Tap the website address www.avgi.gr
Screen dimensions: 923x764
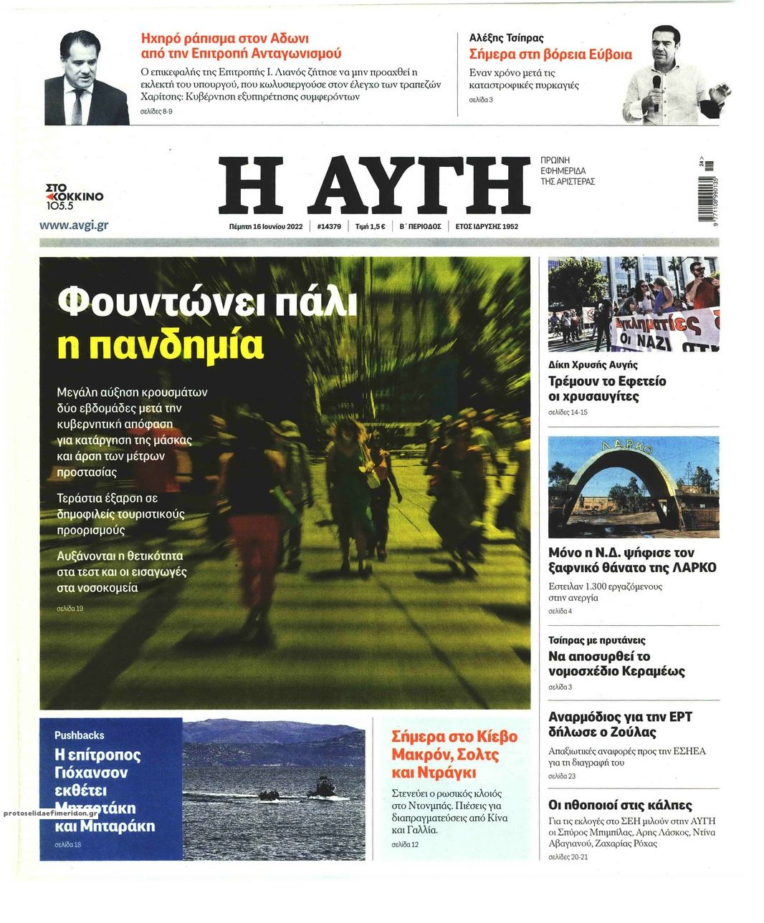click(74, 225)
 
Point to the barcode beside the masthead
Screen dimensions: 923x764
click(710, 193)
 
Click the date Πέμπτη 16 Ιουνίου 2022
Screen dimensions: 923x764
click(262, 226)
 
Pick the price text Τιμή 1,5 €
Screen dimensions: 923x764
click(370, 226)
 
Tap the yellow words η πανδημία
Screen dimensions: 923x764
click(161, 344)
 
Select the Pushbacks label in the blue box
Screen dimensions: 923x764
click(79, 735)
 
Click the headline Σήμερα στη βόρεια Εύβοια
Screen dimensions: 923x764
click(550, 54)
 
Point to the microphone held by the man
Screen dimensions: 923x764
click(656, 85)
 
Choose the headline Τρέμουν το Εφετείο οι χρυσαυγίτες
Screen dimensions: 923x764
click(606, 388)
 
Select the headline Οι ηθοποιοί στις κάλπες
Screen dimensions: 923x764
click(619, 805)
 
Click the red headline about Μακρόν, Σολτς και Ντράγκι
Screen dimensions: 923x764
click(454, 754)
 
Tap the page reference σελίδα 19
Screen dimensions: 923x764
click(70, 609)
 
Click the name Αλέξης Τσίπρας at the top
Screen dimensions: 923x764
click(506, 37)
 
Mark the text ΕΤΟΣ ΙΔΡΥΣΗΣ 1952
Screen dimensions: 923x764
click(487, 226)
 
